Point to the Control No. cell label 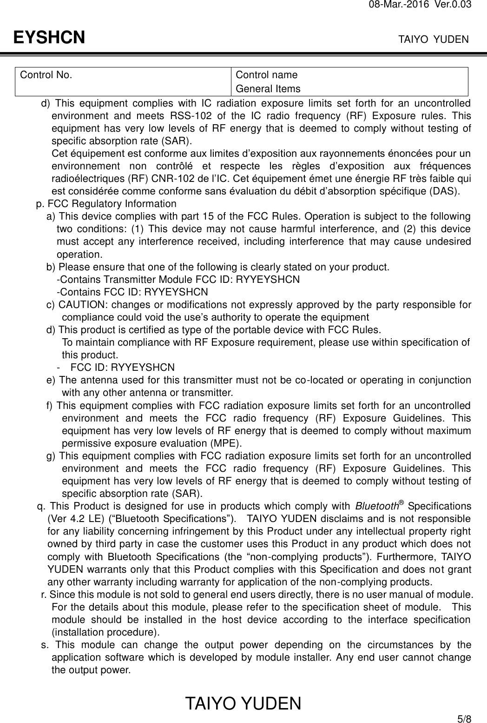pos(45,75)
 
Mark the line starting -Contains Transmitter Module pos(178,280)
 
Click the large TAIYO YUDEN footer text pos(243,704)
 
